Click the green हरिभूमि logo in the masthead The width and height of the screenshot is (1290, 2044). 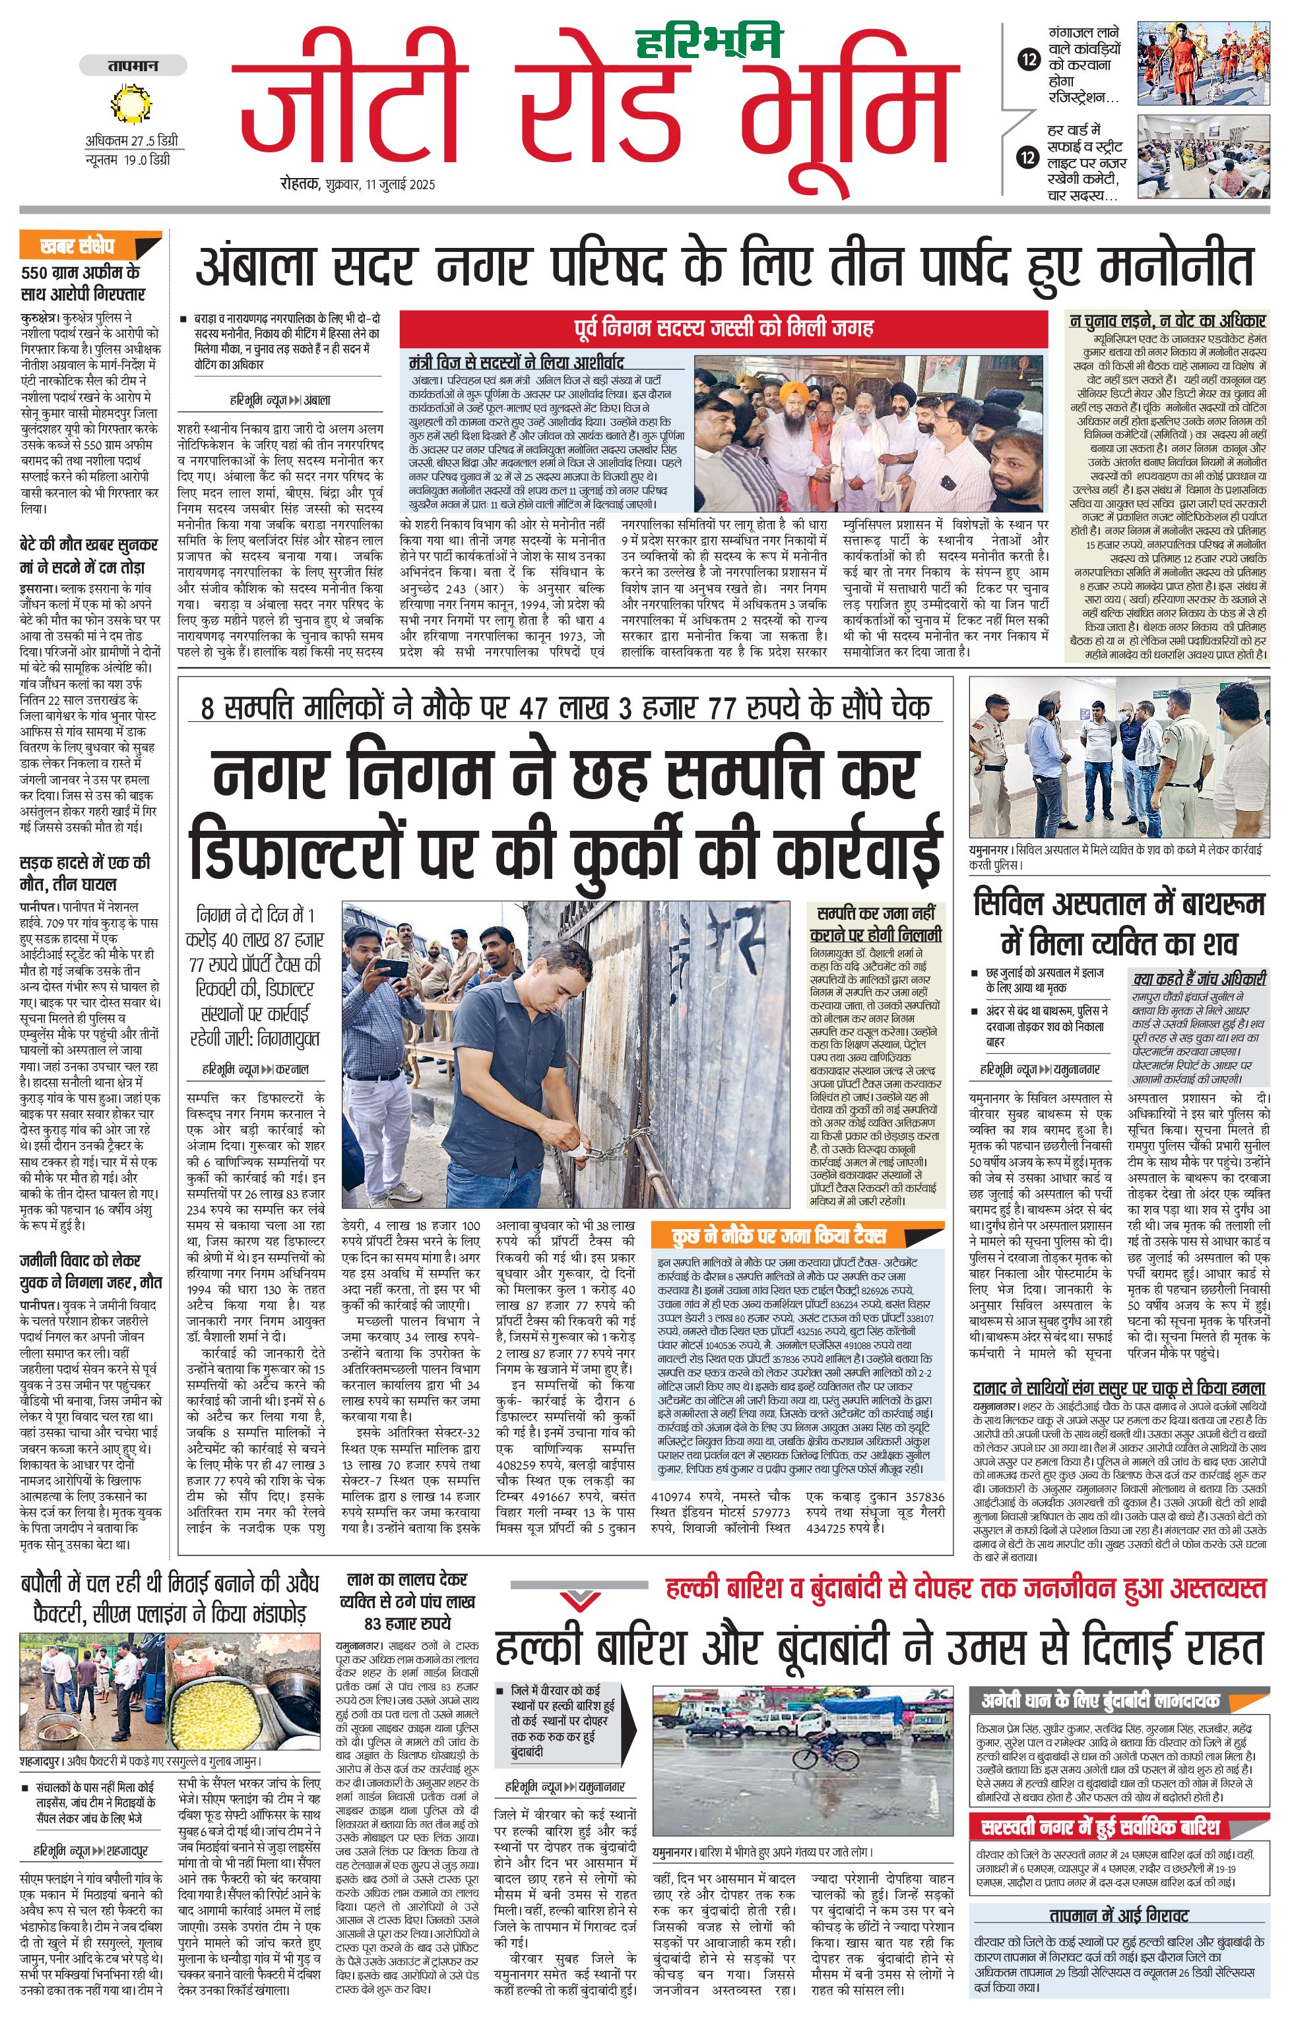tap(708, 41)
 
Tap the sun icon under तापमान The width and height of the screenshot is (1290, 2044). tap(131, 105)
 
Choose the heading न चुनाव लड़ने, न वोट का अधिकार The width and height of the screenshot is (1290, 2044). tap(1167, 321)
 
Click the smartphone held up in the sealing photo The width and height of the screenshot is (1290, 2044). tap(391, 968)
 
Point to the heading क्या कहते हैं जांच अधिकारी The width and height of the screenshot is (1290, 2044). tap(1199, 978)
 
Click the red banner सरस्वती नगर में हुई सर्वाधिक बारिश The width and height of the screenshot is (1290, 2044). tap(1100, 1826)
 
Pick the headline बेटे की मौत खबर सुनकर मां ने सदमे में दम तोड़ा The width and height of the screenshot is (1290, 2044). tap(88, 555)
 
